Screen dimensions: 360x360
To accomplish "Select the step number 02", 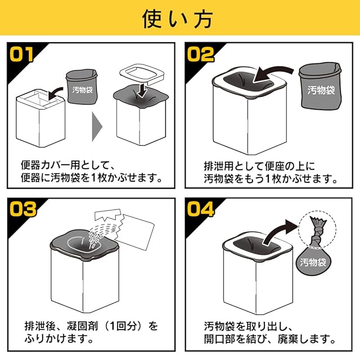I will (x=201, y=55).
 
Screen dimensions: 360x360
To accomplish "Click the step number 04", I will (x=201, y=209).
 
